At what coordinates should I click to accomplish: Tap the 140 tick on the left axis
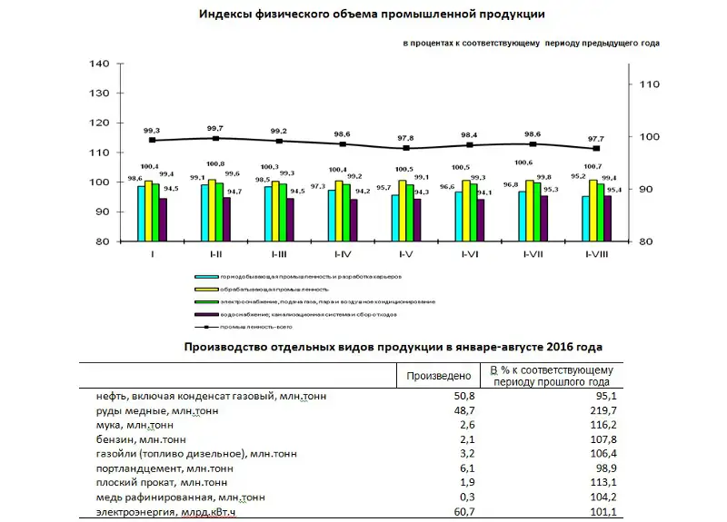pos(100,64)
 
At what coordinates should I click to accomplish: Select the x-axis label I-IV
pos(344,253)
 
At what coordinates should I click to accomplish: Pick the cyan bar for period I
pos(141,213)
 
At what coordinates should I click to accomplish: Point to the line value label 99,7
pos(215,129)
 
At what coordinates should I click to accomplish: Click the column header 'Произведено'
pos(437,375)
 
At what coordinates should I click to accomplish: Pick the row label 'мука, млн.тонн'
pos(135,425)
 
